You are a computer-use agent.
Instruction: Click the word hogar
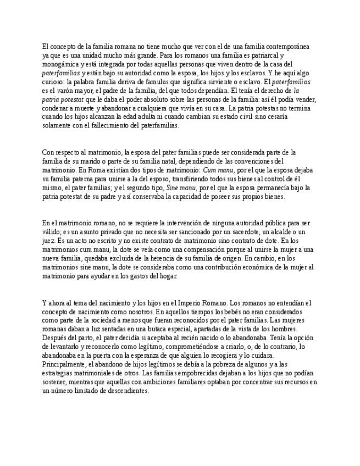click(167, 276)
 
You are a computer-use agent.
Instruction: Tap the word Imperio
click(197, 302)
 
